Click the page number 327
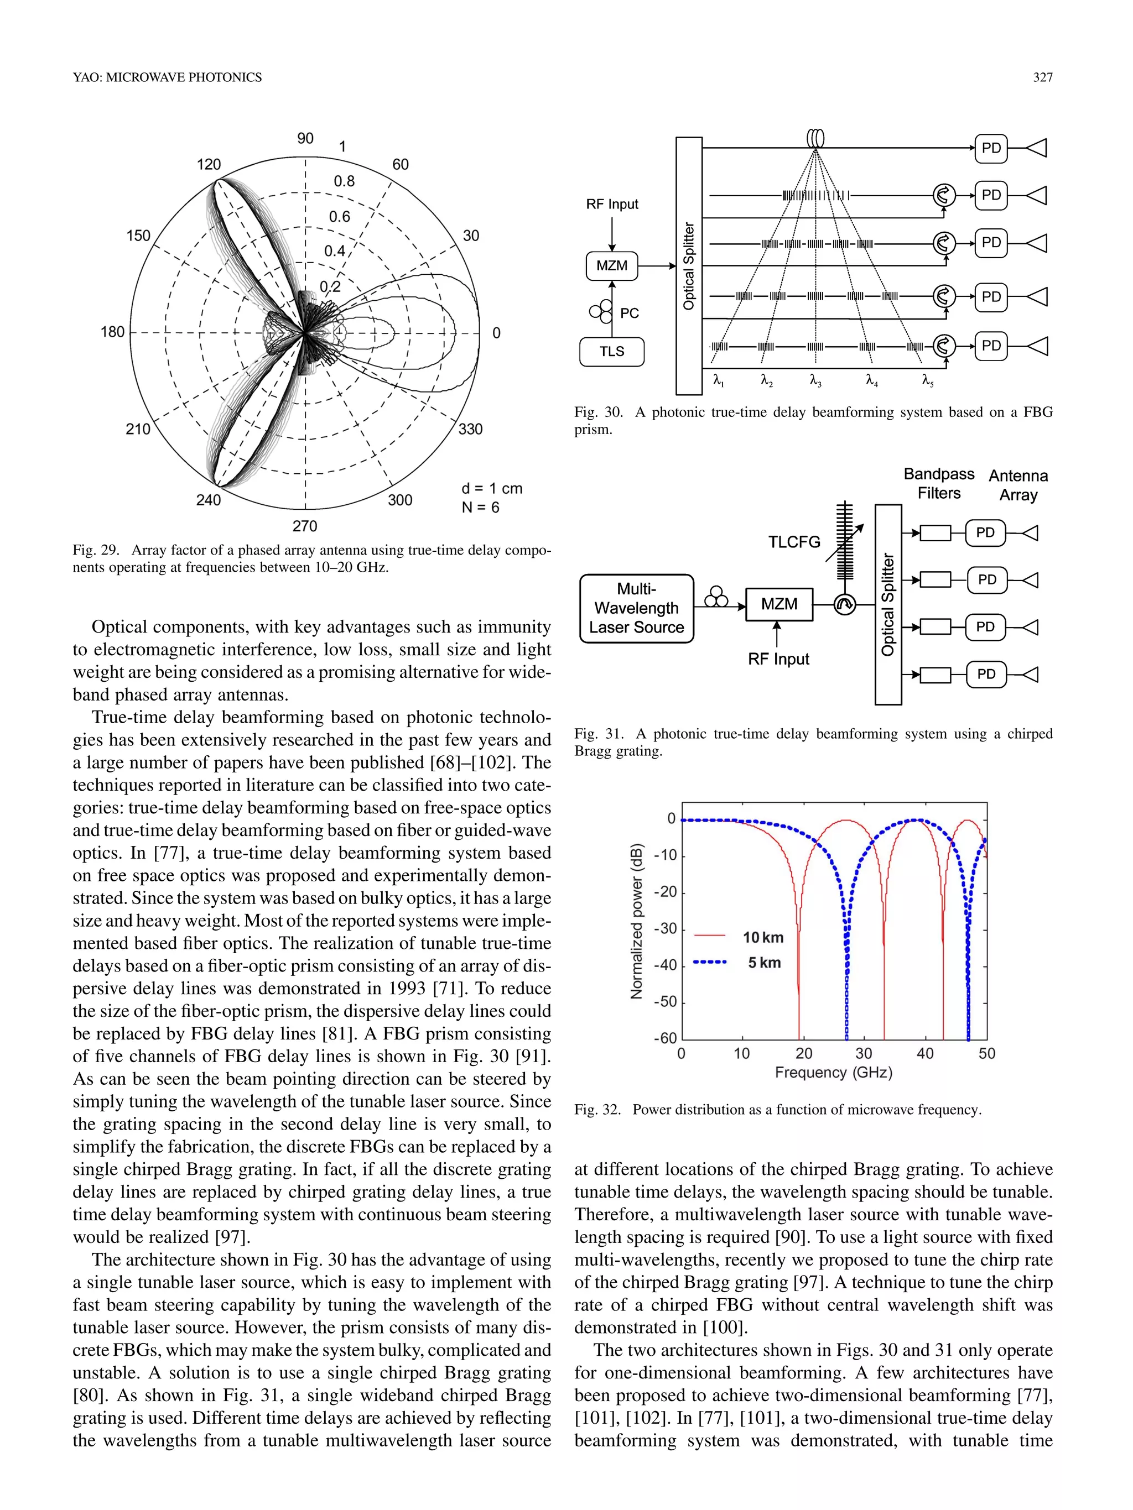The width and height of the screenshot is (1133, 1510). click(x=1042, y=77)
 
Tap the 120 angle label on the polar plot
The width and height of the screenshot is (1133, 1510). click(x=209, y=165)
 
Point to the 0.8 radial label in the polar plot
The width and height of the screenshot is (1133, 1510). click(x=344, y=181)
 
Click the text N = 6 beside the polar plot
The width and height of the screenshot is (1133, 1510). click(x=481, y=507)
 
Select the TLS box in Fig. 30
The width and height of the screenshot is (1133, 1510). click(x=612, y=352)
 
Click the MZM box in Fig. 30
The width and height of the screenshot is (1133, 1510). click(x=612, y=265)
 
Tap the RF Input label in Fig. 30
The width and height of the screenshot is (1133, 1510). click(x=612, y=204)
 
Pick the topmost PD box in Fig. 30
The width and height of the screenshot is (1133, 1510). click(x=991, y=148)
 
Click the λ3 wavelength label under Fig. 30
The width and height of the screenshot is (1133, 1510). click(x=815, y=380)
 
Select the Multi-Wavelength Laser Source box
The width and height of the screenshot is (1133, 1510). click(x=637, y=608)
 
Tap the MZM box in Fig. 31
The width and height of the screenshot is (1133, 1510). click(x=779, y=604)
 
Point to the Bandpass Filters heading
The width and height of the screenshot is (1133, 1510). click(x=939, y=483)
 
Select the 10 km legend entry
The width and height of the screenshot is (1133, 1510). click(x=763, y=937)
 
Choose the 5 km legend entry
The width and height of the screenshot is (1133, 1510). click(x=764, y=963)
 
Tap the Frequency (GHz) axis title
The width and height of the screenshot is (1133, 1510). click(x=833, y=1073)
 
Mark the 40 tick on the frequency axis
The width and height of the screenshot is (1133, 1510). click(x=924, y=1053)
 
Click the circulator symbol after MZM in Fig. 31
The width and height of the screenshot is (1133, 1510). click(x=845, y=605)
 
